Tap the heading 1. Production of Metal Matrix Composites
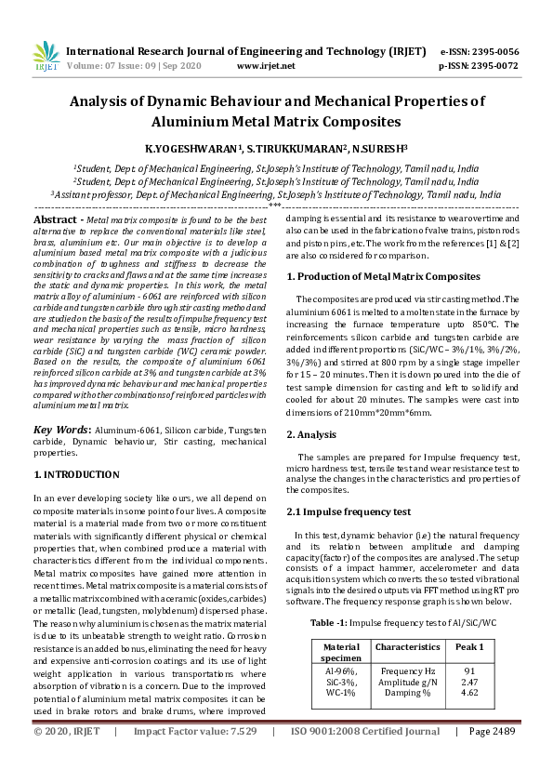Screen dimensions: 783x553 click(x=383, y=277)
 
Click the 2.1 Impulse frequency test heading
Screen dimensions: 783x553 click(x=349, y=512)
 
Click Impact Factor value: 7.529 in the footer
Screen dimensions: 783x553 click(x=195, y=758)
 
